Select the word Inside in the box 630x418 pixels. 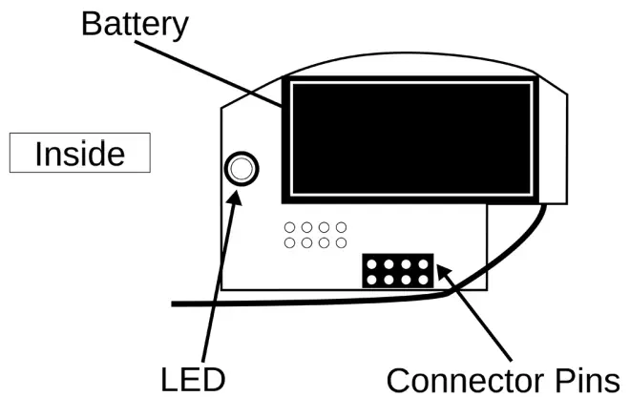pyautogui.click(x=80, y=154)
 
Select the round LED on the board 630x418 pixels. pyautogui.click(x=241, y=170)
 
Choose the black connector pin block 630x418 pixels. pyautogui.click(x=397, y=271)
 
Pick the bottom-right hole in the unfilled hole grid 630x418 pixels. pyautogui.click(x=341, y=243)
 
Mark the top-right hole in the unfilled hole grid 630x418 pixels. pyautogui.click(x=341, y=228)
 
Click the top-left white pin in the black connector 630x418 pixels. pyautogui.click(x=373, y=264)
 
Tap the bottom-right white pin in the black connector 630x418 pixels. pyautogui.click(x=421, y=280)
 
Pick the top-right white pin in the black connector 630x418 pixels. pyautogui.click(x=421, y=264)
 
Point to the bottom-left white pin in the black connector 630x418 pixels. pyautogui.click(x=373, y=280)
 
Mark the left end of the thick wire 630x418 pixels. pyautogui.click(x=175, y=303)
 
